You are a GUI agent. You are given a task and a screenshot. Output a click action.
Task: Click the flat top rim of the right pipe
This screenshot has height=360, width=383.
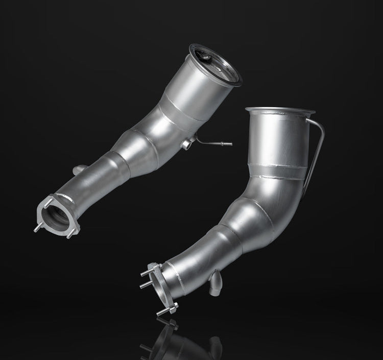(x=280, y=110)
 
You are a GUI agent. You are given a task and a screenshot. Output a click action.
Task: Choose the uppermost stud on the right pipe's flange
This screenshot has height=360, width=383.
(x=151, y=267)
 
